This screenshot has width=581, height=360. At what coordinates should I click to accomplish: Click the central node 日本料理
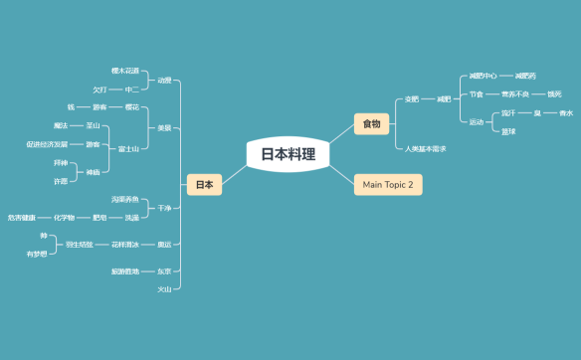click(x=288, y=154)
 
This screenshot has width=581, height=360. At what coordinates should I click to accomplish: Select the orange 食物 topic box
click(x=371, y=123)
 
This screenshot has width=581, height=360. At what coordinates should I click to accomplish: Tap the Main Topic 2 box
click(x=387, y=184)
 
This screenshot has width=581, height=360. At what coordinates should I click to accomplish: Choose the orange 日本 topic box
click(x=204, y=184)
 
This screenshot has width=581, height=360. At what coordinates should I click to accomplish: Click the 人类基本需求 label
click(x=426, y=148)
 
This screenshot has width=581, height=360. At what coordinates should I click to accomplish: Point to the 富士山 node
click(x=128, y=148)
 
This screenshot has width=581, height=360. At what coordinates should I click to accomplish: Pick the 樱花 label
click(x=131, y=106)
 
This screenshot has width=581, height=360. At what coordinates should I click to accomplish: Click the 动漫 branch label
click(x=164, y=80)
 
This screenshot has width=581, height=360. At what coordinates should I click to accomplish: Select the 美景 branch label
click(x=164, y=127)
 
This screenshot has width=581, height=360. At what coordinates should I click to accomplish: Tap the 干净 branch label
click(x=164, y=209)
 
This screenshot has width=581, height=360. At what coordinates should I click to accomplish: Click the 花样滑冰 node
click(x=125, y=244)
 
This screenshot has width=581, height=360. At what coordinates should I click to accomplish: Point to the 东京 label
click(x=164, y=270)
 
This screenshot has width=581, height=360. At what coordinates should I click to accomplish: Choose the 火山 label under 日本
click(x=164, y=288)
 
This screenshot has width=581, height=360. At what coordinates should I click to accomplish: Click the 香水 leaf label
click(x=566, y=112)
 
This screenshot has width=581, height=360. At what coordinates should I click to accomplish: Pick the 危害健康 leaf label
click(x=22, y=217)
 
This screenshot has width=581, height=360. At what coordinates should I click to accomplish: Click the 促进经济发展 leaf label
click(x=47, y=144)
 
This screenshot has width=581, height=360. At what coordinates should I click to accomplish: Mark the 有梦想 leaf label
click(x=37, y=254)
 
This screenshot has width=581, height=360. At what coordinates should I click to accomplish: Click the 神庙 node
click(x=94, y=172)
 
